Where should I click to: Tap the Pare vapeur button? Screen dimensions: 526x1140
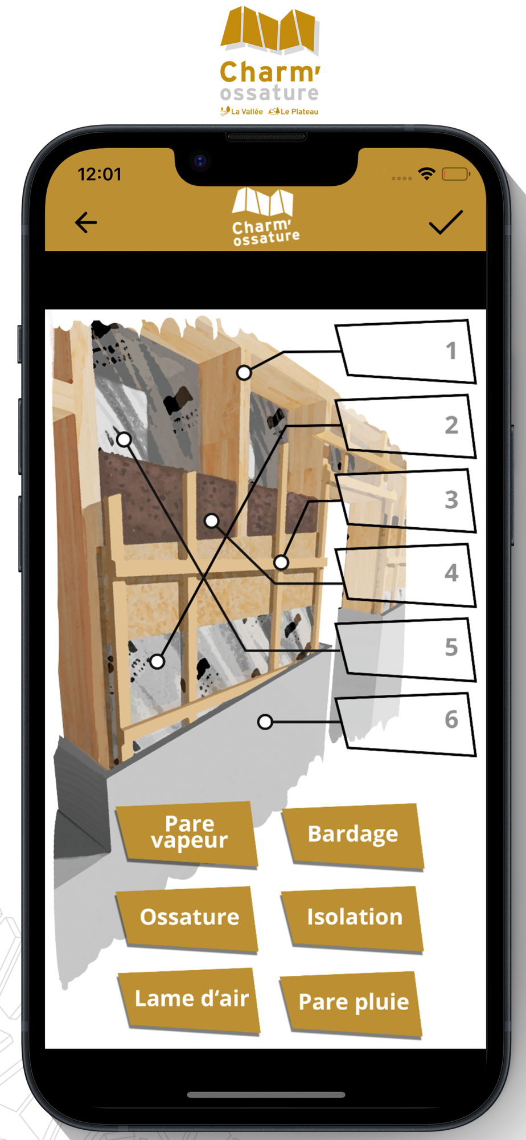(187, 834)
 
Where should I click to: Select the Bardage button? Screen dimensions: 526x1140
(354, 835)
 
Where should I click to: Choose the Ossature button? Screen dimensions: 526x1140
(188, 918)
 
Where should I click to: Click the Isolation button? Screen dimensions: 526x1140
(353, 918)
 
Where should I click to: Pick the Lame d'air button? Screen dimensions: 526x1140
(190, 1000)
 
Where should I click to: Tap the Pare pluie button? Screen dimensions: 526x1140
(351, 1003)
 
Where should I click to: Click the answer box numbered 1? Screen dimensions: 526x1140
(406, 351)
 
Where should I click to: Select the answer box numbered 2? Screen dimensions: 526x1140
(406, 426)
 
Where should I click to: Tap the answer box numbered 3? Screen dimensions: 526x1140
(406, 500)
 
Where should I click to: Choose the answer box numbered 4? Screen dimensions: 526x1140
(406, 575)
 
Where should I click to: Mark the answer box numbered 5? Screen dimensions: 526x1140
(406, 649)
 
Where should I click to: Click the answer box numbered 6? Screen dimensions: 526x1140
(406, 724)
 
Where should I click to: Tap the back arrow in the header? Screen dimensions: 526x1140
(86, 222)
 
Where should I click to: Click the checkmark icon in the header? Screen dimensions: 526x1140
(446, 222)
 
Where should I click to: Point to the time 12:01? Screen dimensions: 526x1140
(100, 174)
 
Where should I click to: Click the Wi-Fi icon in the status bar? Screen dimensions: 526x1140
(426, 174)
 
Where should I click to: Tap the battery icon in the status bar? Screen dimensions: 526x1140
(456, 174)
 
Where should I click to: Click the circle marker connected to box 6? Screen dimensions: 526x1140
(265, 722)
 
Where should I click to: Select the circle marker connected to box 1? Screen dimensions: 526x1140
(244, 373)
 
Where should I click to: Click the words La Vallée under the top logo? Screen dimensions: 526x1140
(247, 112)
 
